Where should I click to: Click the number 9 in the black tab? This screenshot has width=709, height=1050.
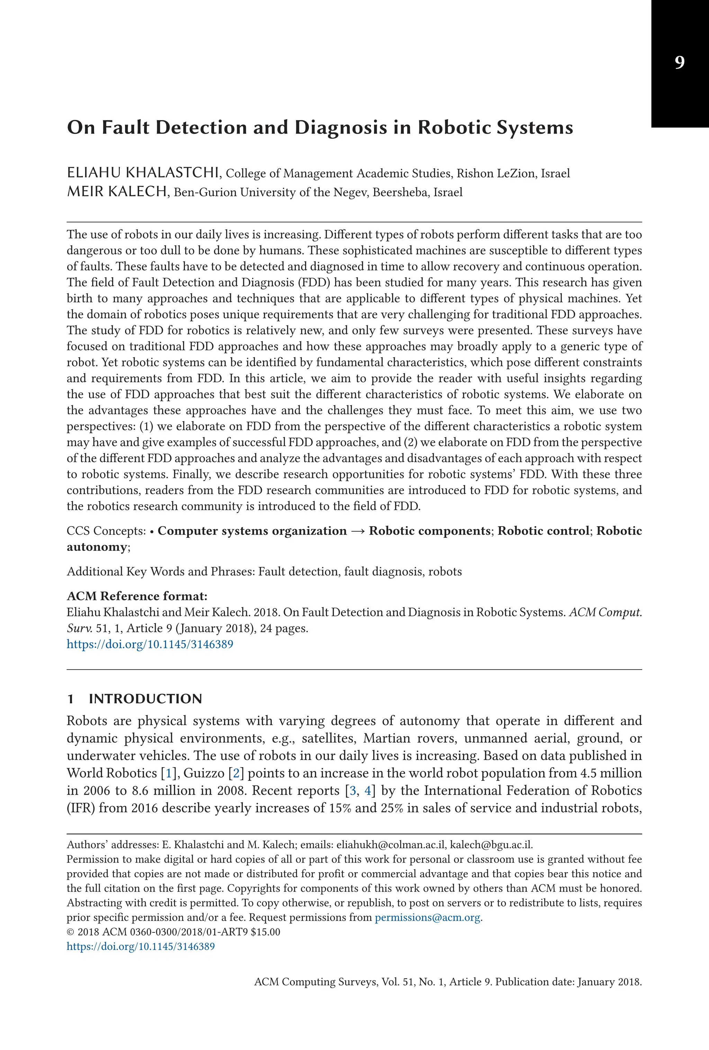pos(679,62)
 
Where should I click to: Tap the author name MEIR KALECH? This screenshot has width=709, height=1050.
pos(117,192)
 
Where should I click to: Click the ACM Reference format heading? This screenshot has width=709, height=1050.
pos(137,596)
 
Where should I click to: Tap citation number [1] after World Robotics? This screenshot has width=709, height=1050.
pos(169,773)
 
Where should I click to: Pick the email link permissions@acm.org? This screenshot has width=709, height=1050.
pos(428,917)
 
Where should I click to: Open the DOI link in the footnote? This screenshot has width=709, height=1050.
pos(141,946)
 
